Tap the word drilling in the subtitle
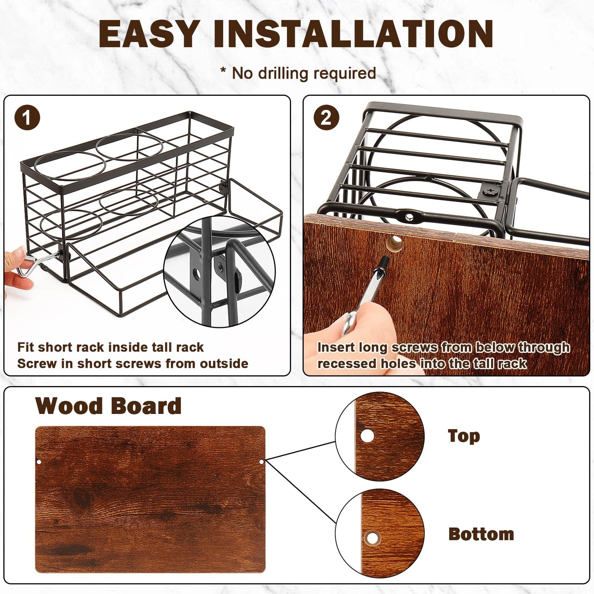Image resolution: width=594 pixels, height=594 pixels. point(284,74)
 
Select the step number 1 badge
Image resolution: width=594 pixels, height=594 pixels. point(27,118)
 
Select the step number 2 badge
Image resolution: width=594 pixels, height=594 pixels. point(326,118)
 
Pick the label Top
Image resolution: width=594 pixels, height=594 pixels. point(464,437)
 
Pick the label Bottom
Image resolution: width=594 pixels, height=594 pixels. point(481,534)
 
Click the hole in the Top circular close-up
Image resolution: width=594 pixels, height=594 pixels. point(367,436)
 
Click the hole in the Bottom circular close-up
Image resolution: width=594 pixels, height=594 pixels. point(373,538)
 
